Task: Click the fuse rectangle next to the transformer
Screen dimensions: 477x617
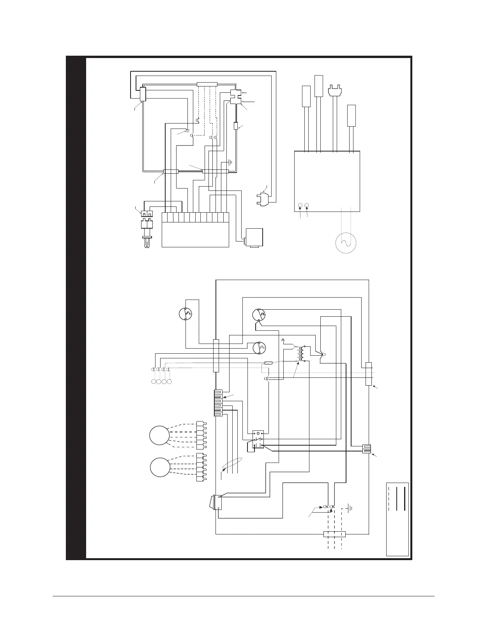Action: [x=269, y=363]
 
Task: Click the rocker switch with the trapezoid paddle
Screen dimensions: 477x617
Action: [x=214, y=502]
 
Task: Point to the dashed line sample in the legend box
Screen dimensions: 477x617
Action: [x=389, y=499]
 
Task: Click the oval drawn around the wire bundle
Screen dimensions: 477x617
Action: [x=232, y=465]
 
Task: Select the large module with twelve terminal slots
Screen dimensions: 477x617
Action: [x=195, y=229]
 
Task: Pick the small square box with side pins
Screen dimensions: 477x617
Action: [x=253, y=238]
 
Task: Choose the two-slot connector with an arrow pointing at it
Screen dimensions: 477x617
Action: [x=366, y=449]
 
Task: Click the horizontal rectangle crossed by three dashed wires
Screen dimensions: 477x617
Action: [x=335, y=534]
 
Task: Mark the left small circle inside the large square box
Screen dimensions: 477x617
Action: [x=300, y=205]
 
